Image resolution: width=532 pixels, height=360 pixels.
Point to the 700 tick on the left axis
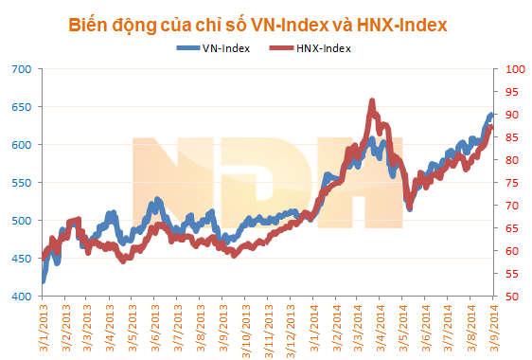22,69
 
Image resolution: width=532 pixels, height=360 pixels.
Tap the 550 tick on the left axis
22,183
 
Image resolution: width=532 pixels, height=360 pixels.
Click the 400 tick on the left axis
22,297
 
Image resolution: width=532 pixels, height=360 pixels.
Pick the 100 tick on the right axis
512,69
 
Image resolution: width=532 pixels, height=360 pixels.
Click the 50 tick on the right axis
510,297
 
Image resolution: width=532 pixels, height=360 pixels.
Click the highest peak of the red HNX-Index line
372,100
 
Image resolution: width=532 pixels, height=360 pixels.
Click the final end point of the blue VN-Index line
491,115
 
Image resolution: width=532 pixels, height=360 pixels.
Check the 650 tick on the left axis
22,107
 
